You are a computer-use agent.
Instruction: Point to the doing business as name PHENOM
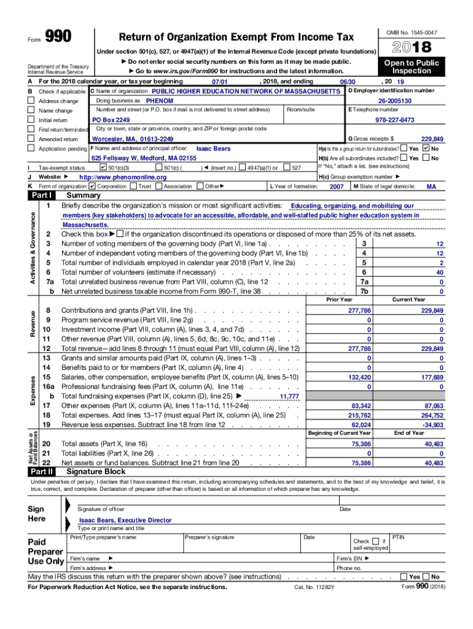159,101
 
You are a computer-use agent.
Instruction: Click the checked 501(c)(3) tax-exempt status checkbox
103,167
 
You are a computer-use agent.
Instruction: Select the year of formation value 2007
337,186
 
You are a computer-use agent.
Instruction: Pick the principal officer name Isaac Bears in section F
213,149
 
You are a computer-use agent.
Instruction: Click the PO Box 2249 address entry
111,120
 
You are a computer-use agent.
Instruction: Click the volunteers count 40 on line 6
439,272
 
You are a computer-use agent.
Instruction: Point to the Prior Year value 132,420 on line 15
359,377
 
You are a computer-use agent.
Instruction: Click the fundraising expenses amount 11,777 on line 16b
289,397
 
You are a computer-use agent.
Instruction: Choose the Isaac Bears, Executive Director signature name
125,520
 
